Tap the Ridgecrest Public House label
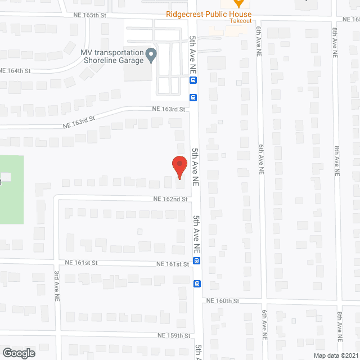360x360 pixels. coord(209,14)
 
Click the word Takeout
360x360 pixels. coord(240,21)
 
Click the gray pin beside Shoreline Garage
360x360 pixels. coord(151,55)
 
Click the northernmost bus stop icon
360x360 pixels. coord(193,80)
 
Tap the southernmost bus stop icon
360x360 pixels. coord(197,283)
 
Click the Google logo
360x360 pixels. coord(18,353)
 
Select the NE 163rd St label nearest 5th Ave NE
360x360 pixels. coord(167,109)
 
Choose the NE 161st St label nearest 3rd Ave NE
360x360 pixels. coord(81,263)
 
